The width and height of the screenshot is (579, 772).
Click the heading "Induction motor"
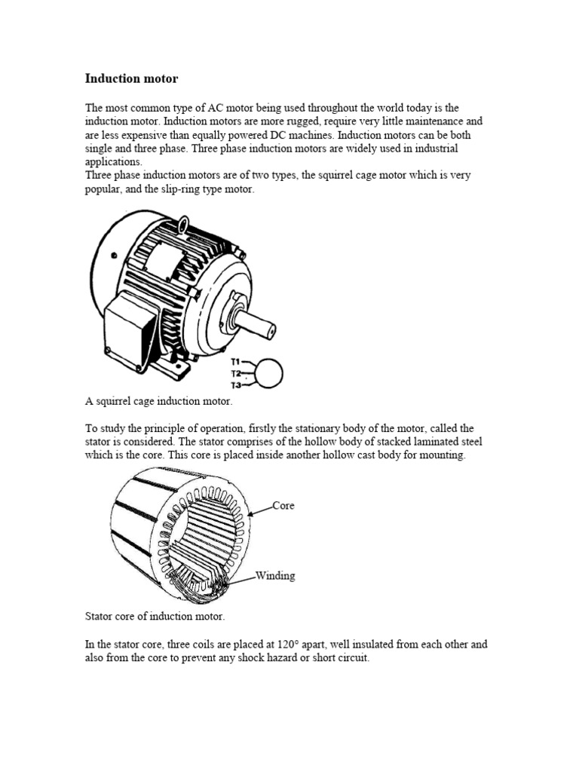132,78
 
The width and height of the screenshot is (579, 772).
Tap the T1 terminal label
236,361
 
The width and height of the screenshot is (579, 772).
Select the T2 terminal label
236,373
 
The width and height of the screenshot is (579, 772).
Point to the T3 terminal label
236,385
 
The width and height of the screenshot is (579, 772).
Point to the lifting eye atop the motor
184,223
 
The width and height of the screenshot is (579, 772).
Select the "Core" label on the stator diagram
283,505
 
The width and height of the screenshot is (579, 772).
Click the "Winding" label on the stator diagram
275,575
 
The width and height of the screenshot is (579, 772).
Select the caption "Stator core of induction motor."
155,616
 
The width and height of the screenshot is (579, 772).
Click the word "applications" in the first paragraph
112,162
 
